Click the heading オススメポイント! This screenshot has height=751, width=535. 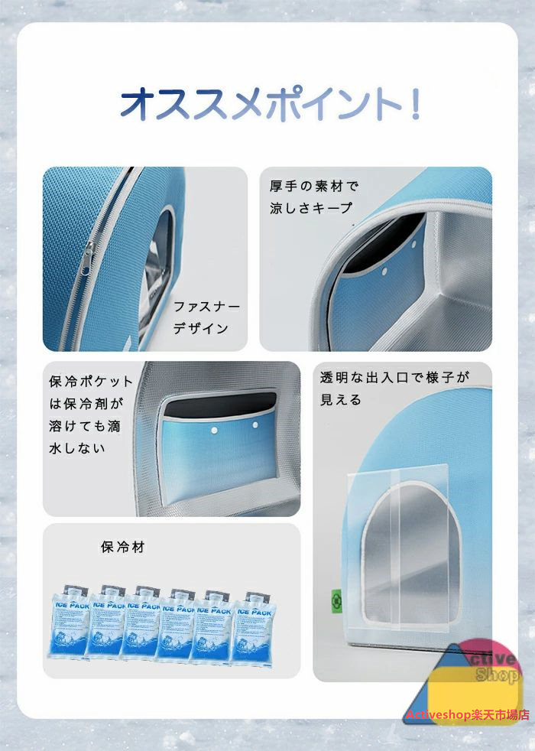(x=271, y=102)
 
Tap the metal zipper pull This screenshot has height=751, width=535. (x=87, y=258)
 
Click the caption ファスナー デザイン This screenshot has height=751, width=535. (x=206, y=317)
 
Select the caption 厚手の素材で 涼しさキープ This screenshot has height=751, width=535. (x=313, y=197)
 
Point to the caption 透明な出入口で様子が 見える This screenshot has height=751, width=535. (x=394, y=389)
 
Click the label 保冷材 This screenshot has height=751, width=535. (x=122, y=547)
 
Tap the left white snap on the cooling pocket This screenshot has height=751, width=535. (x=215, y=431)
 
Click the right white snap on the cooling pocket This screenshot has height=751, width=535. (x=255, y=425)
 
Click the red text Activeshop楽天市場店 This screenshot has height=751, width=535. (x=468, y=715)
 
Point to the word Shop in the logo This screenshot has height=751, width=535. (x=498, y=675)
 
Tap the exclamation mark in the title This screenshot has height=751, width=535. (x=415, y=102)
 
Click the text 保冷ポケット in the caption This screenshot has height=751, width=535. (x=90, y=382)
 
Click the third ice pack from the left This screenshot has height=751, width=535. (x=141, y=623)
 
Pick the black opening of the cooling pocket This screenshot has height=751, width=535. (x=221, y=404)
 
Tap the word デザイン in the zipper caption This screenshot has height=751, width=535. (x=201, y=328)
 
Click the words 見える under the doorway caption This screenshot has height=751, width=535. (x=341, y=399)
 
